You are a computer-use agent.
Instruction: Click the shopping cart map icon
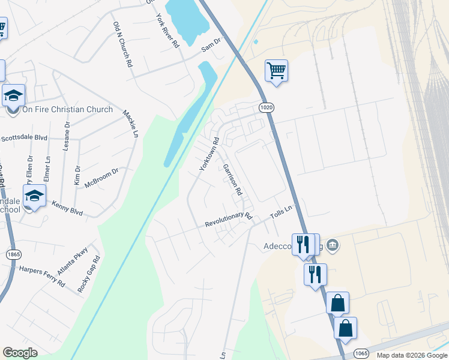point(276,70)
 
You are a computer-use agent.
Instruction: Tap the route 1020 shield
point(267,107)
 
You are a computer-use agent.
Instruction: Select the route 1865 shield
point(13,254)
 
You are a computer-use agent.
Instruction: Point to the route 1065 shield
point(361,352)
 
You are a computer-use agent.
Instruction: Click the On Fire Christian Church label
point(67,109)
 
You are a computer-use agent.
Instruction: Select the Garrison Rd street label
point(232,180)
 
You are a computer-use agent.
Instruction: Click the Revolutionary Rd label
point(228,219)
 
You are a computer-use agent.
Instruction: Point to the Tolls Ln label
point(281,212)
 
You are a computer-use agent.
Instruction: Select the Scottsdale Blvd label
point(24,137)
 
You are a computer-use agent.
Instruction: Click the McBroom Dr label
point(101,178)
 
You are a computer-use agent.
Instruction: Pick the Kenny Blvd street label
point(67,208)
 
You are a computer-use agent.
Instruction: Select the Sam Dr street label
point(211,44)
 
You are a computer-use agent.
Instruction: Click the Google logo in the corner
point(20,353)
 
